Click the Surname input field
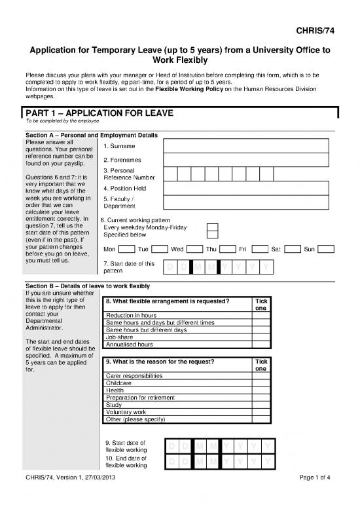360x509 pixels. [x=249, y=145]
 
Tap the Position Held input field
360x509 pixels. [x=249, y=189]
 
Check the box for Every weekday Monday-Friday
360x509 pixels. [x=212, y=227]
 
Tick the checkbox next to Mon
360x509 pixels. [x=128, y=250]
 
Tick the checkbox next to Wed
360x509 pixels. [x=194, y=250]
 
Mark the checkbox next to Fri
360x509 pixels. [x=261, y=250]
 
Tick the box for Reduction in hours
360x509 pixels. [x=261, y=316]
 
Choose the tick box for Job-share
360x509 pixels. [x=261, y=337]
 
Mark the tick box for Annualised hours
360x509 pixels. [x=261, y=344]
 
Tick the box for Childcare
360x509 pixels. [x=261, y=383]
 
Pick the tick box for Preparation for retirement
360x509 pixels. [x=261, y=398]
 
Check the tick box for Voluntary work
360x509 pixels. [x=261, y=412]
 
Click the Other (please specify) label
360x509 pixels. [x=135, y=419]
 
